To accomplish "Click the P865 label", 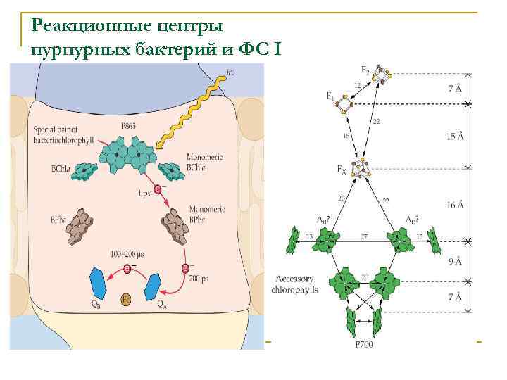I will [129, 127].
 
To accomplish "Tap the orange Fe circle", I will [125, 298].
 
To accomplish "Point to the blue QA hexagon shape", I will [152, 286].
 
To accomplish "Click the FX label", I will [342, 170].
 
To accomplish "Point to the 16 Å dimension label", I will [456, 205].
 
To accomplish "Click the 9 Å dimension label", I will [456, 262].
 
